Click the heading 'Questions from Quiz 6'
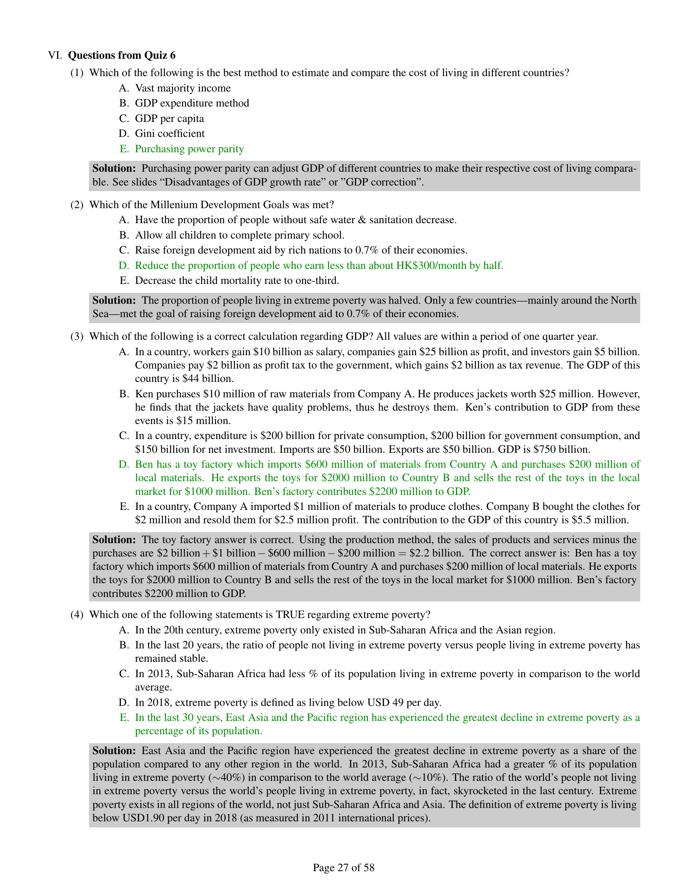pyautogui.click(x=121, y=55)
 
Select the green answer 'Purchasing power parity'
pyautogui.click(x=189, y=149)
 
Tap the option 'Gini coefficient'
pyautogui.click(x=170, y=133)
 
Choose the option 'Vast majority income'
pyautogui.click(x=183, y=88)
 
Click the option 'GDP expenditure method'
pyautogui.click(x=192, y=103)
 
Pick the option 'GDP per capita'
pyautogui.click(x=170, y=118)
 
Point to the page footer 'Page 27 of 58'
pyautogui.click(x=344, y=868)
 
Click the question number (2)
pyautogui.click(x=77, y=205)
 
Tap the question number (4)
pyautogui.click(x=77, y=614)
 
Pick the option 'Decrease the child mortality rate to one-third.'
pyautogui.click(x=237, y=281)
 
